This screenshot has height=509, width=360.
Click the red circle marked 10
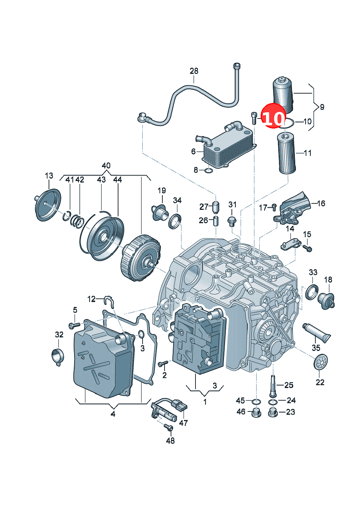273,116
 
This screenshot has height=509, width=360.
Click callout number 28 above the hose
194,71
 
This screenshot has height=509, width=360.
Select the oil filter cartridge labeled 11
287,154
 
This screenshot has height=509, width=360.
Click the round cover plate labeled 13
48,205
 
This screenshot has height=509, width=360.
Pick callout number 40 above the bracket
106,166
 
